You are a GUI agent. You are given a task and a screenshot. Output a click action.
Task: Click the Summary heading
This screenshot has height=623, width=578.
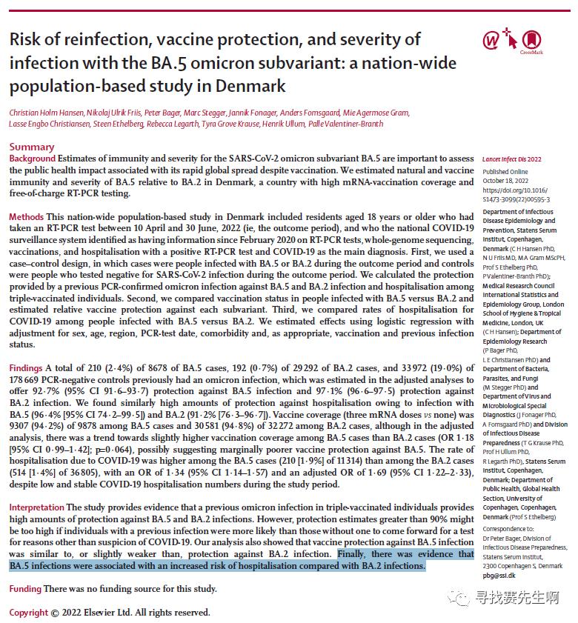coord(31,147)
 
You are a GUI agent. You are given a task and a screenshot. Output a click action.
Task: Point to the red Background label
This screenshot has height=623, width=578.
coord(32,159)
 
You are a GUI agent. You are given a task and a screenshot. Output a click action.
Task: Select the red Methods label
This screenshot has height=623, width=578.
coord(27,216)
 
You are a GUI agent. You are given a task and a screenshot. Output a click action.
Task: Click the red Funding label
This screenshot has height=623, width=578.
coord(25,589)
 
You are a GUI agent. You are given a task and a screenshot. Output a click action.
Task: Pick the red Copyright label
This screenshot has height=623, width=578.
coord(29,613)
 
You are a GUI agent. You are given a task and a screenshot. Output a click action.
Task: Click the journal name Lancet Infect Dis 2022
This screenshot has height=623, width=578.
coord(512,159)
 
